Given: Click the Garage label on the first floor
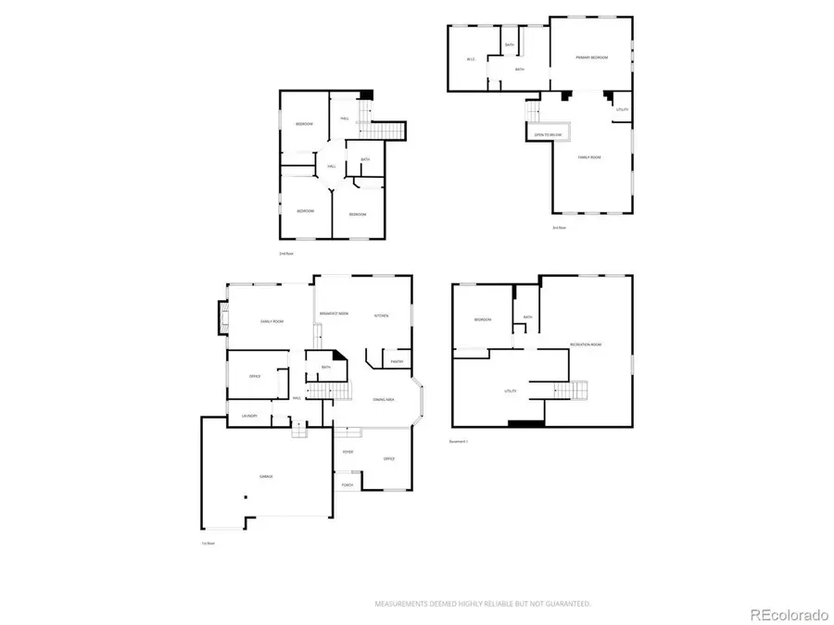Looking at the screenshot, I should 266,476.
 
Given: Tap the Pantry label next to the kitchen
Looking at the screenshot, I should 396,361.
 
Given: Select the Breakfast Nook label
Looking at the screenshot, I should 334,315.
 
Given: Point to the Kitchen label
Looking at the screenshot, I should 381,315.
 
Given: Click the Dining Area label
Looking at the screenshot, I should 385,399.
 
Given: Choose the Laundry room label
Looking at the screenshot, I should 248,417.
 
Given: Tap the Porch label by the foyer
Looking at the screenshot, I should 347,485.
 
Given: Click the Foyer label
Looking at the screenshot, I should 347,453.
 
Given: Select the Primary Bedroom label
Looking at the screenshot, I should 591,57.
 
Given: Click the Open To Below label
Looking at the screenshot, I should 549,135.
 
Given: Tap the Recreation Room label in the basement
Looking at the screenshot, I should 586,344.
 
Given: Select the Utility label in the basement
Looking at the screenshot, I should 510,391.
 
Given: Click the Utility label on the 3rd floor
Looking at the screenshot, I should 622,109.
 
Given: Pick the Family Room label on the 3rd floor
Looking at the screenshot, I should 590,157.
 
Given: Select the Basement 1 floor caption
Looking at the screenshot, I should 460,442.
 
